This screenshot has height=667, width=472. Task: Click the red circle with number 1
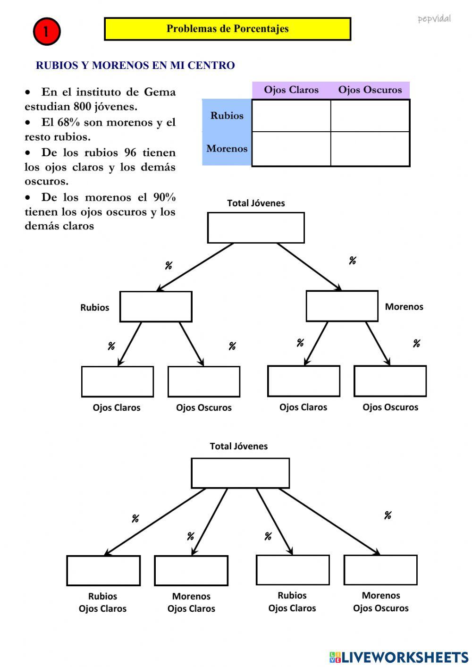(46, 32)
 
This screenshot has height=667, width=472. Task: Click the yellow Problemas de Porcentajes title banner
(227, 29)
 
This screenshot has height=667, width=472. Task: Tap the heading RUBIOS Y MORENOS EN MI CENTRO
(135, 66)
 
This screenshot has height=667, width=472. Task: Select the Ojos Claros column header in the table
(291, 90)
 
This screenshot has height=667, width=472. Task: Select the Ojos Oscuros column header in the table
(370, 90)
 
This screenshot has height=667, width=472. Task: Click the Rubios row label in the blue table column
(227, 116)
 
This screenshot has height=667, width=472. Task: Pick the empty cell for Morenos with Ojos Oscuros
(370, 149)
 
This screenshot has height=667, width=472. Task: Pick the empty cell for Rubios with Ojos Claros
(291, 116)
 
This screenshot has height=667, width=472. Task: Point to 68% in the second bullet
(68, 122)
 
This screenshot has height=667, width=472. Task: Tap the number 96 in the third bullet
(130, 152)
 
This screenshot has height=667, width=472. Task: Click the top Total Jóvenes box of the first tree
(255, 228)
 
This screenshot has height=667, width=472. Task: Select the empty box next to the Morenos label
(342, 306)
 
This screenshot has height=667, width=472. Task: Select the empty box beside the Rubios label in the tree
(155, 306)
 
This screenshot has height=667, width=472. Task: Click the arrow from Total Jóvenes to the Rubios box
(195, 267)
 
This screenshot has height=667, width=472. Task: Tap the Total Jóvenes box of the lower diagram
(240, 473)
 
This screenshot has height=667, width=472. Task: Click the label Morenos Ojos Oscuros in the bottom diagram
(380, 601)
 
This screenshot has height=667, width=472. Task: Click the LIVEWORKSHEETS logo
(399, 657)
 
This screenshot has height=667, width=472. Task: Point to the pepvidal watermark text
(434, 19)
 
